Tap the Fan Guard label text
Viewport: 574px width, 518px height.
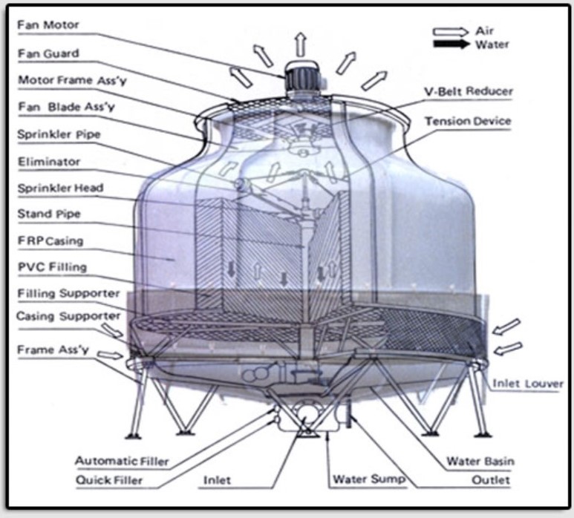click(48, 53)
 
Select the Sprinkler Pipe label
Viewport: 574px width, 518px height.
click(58, 134)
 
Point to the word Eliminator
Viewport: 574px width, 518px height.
click(48, 161)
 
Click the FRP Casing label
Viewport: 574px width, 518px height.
click(50, 241)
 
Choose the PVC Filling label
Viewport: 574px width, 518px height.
click(52, 267)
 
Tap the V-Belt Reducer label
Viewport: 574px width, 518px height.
click(468, 92)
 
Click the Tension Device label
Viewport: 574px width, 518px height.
click(468, 120)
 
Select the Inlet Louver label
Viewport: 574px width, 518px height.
click(528, 384)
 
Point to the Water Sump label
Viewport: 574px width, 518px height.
click(369, 479)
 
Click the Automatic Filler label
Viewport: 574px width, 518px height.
click(121, 461)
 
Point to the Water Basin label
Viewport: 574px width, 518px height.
click(480, 461)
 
